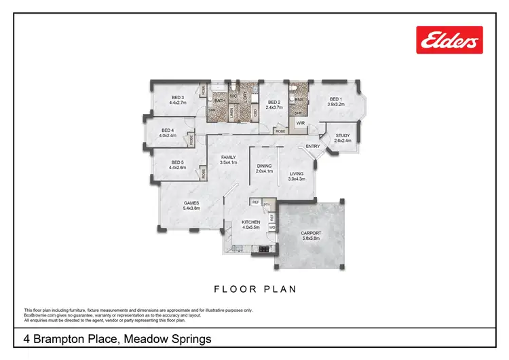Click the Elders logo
[449, 40]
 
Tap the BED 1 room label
[336, 98]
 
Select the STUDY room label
[343, 135]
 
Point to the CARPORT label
[312, 233]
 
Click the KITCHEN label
[252, 222]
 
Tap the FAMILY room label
[228, 158]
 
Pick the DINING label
[263, 166]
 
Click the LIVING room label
[297, 174]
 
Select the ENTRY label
[313, 146]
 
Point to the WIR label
[299, 124]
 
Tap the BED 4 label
[168, 130]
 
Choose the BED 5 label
[177, 162]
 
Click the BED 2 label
[274, 102]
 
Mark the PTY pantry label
[267, 204]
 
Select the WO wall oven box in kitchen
[271, 228]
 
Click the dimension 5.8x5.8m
[312, 238]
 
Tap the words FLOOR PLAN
[255, 289]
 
